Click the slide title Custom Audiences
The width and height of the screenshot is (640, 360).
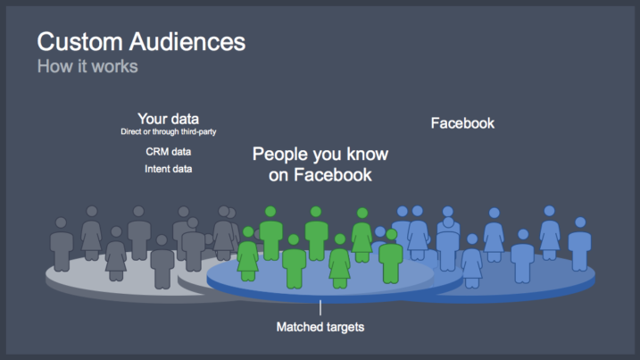tap(141, 42)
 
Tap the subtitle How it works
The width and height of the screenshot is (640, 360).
tap(87, 66)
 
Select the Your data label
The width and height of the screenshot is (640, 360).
tap(168, 119)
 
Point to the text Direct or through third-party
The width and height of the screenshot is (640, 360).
tap(168, 131)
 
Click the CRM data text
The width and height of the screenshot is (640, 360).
tap(168, 152)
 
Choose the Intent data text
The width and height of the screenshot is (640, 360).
tap(168, 169)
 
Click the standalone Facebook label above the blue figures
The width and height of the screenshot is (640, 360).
tap(462, 123)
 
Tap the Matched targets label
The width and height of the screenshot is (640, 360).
tap(320, 327)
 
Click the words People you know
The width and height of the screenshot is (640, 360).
tap(320, 154)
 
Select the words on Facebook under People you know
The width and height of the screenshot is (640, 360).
tap(320, 175)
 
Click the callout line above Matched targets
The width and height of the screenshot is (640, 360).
tap(320, 307)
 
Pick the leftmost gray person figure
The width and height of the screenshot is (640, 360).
tap(62, 245)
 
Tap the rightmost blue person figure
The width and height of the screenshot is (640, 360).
tap(579, 245)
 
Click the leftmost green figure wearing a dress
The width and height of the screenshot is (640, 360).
tap(248, 254)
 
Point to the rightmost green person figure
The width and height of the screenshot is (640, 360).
tap(391, 256)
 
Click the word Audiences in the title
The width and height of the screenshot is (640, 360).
tap(187, 42)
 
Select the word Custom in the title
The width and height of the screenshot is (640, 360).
tap(80, 42)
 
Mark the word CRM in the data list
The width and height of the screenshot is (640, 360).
tap(157, 152)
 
